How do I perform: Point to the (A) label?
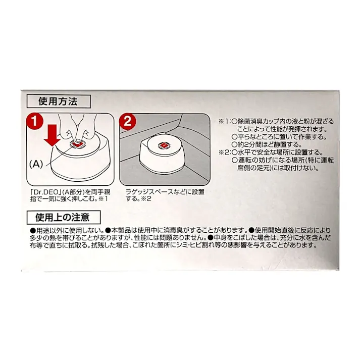[36, 164]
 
